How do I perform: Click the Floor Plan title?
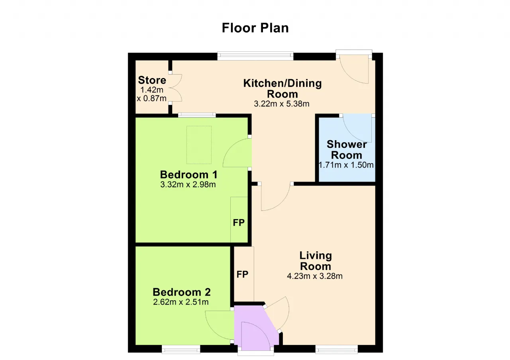(255, 28)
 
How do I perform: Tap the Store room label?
(152, 80)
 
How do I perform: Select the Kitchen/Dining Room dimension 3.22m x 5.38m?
(282, 104)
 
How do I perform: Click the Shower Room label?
(347, 150)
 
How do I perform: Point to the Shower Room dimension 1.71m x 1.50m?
(346, 165)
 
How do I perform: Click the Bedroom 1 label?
(188, 175)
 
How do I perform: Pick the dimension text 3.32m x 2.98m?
(188, 184)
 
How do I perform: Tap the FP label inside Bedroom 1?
(239, 223)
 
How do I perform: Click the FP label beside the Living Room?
(242, 274)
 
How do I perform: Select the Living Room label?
(316, 261)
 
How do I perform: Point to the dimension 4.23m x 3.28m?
(315, 276)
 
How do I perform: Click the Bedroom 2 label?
(181, 292)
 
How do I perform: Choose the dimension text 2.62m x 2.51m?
(181, 302)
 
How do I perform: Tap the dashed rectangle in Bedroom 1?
(199, 145)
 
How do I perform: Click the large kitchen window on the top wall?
(255, 56)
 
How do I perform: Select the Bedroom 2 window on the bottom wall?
(181, 349)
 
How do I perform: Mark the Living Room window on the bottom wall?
(337, 349)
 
